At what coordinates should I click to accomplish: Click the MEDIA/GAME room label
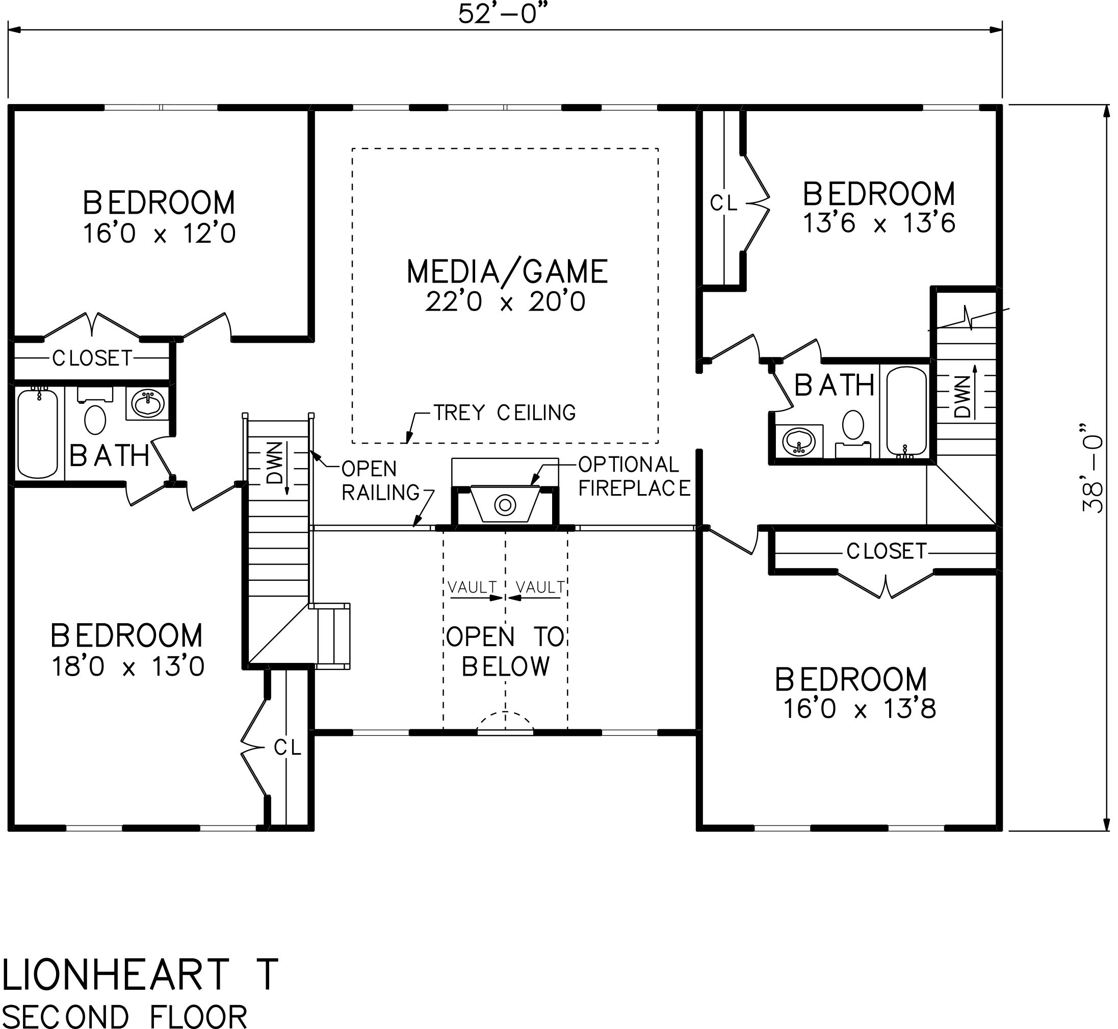coord(507,272)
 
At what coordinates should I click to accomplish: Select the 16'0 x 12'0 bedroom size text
coord(159,234)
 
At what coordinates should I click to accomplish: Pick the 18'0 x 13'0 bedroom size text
coord(128,666)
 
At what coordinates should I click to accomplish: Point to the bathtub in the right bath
coord(906,412)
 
